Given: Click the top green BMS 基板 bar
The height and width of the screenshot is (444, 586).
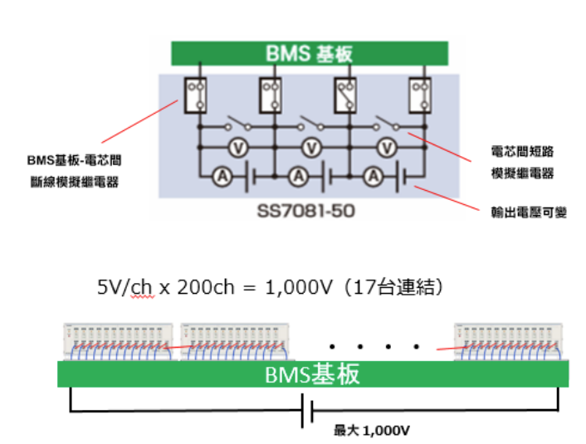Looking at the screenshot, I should click(x=310, y=54).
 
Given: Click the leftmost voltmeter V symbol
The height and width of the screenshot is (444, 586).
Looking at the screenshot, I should click(x=236, y=147).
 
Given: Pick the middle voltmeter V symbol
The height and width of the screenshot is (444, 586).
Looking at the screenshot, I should click(x=311, y=147).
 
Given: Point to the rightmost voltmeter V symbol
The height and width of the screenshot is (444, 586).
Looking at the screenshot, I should click(x=385, y=147).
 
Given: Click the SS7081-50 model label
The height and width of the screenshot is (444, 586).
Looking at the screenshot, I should click(x=310, y=211).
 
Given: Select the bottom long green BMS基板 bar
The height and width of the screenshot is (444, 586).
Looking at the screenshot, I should click(x=313, y=374).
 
